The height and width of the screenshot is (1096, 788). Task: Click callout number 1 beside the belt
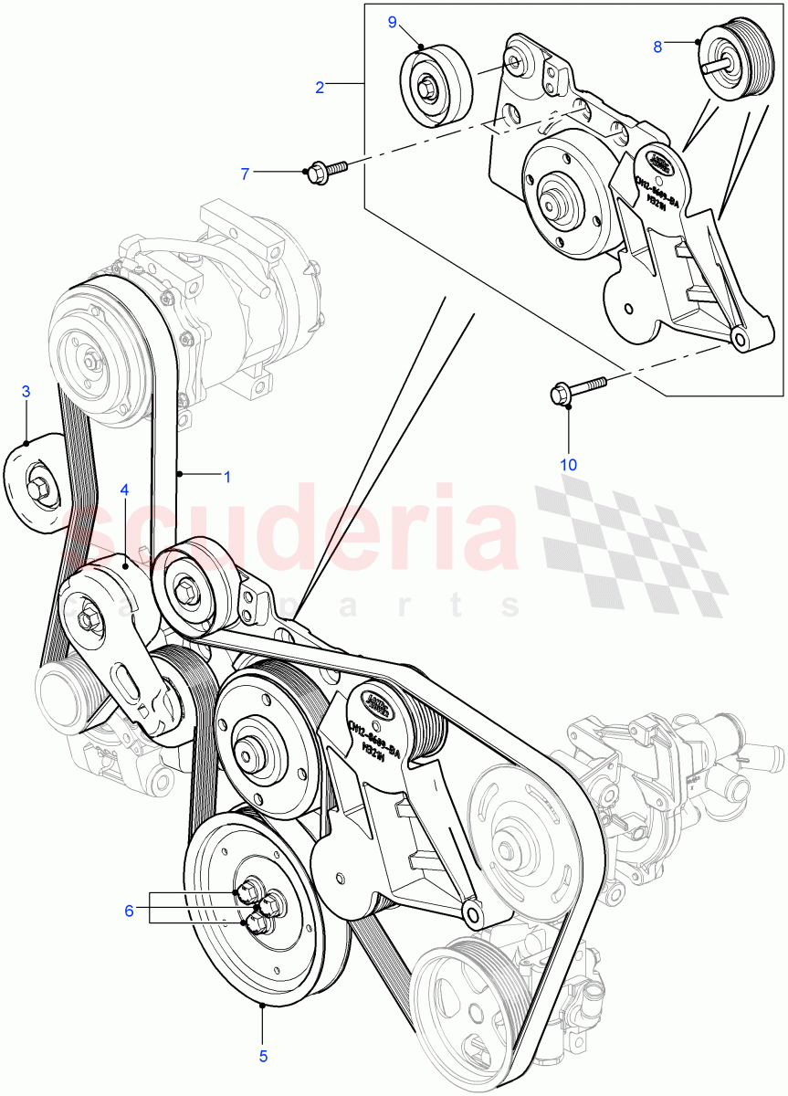[x=227, y=476]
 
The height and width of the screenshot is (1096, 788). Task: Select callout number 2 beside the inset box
[x=320, y=88]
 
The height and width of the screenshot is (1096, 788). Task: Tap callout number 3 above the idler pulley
[x=26, y=392]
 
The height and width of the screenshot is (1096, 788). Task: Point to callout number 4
[x=124, y=490]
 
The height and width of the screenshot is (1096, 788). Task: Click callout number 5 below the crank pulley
[x=263, y=1056]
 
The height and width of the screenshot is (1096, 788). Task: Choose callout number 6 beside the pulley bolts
[x=130, y=911]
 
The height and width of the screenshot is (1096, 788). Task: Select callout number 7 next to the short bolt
[x=245, y=173]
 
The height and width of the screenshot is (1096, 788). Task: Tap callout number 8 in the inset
[x=657, y=47]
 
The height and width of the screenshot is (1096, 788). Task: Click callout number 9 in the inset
[x=393, y=22]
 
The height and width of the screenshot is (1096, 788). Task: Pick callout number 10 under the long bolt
[x=568, y=465]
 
